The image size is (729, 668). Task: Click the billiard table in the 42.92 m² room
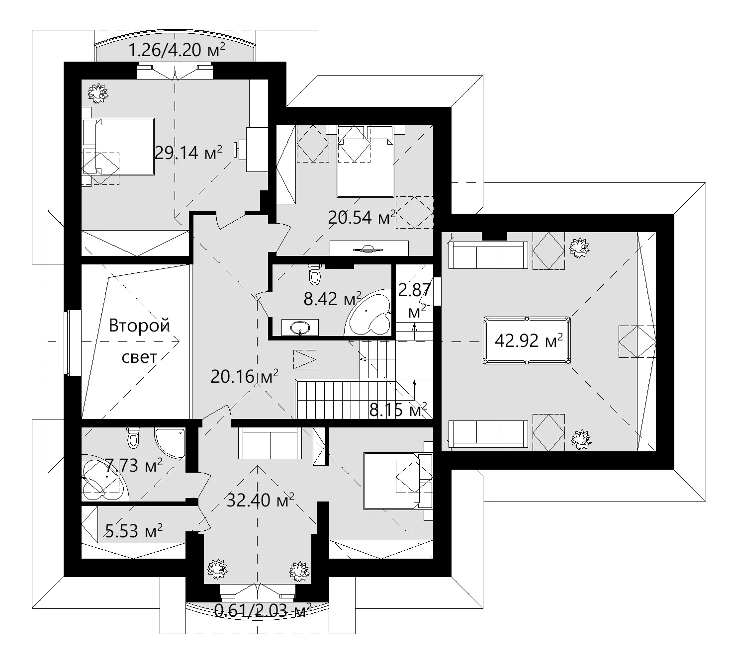click(527, 340)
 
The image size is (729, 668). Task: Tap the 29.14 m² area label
click(188, 153)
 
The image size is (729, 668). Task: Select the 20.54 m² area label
click(362, 217)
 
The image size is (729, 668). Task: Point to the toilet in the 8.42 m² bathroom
click(315, 275)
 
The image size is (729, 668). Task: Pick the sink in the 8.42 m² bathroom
click(300, 328)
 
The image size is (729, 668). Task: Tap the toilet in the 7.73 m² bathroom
click(133, 437)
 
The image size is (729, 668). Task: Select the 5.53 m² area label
click(133, 531)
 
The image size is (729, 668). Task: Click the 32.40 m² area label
click(260, 500)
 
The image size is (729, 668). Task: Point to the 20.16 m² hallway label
click(244, 377)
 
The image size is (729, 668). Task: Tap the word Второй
click(139, 326)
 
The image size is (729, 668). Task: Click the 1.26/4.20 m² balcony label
click(177, 50)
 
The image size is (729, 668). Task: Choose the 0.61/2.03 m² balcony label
click(263, 611)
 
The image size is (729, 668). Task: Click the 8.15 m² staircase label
click(398, 410)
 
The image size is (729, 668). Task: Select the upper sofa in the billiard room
click(488, 255)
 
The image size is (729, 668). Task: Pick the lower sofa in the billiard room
click(488, 434)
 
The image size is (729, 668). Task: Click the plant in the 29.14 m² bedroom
click(98, 93)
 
